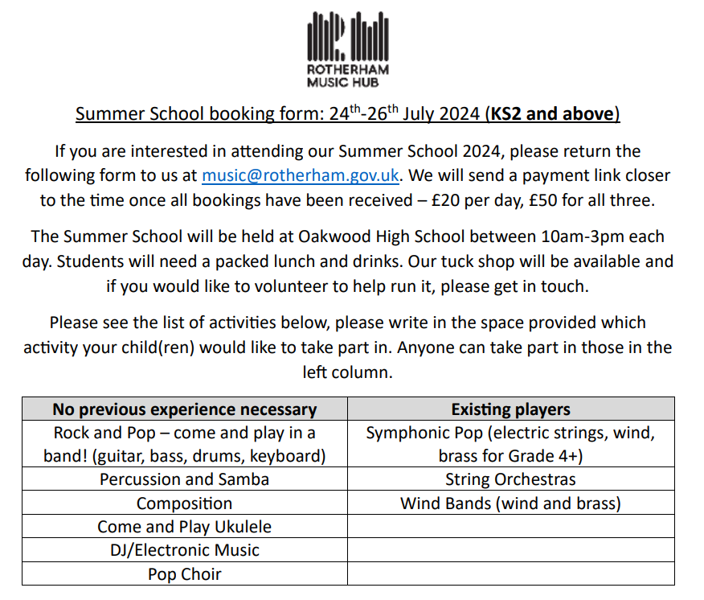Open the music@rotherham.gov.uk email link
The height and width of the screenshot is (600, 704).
pos(301,175)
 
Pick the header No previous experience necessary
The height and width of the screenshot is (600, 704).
pos(185,409)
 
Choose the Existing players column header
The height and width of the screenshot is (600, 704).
pos(511,409)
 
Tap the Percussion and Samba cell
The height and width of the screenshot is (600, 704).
pos(185,479)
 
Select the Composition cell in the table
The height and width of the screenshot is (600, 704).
pos(185,503)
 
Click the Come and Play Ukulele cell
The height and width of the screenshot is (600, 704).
pos(185,527)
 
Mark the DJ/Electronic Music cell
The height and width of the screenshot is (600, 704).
pos(185,550)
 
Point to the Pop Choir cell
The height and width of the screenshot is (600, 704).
pos(185,574)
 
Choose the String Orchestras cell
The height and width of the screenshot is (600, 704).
pos(511,479)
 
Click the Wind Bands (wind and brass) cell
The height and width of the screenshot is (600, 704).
pos(511,503)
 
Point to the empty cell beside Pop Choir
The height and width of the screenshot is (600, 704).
pos(511,574)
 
